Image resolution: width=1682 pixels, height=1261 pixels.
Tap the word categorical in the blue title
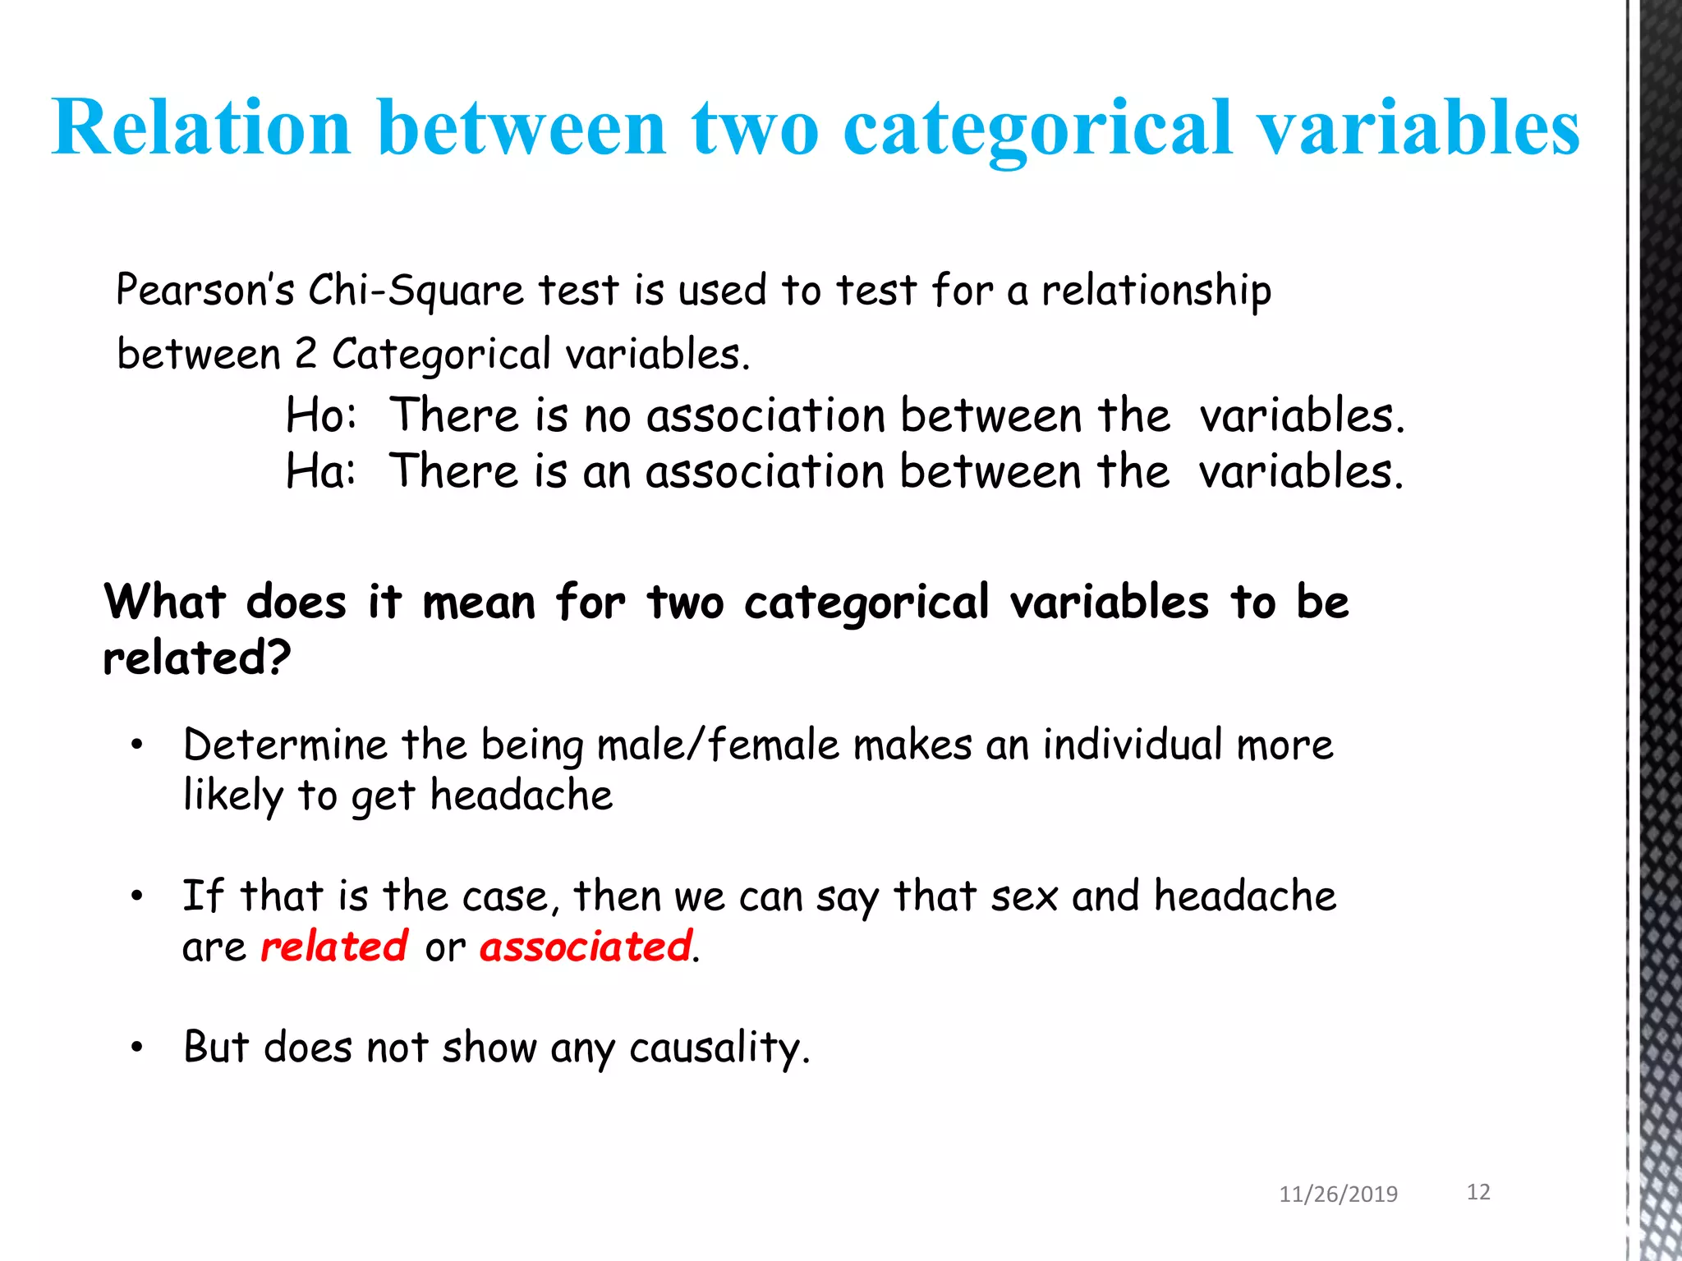[1038, 130]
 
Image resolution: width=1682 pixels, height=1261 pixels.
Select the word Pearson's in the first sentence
[205, 290]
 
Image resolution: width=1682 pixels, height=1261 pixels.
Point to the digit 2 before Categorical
[305, 354]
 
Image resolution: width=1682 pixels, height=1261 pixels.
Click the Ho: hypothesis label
[321, 415]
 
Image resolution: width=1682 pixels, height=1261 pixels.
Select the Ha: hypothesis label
[321, 471]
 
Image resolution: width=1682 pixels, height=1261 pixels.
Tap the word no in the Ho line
[607, 415]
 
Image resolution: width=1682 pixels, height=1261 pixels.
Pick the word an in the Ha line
[606, 472]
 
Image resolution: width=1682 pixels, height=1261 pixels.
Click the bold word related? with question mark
[197, 658]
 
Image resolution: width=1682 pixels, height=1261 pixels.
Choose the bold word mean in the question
[479, 602]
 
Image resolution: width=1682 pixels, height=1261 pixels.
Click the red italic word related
[333, 947]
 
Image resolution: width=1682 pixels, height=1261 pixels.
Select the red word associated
[586, 947]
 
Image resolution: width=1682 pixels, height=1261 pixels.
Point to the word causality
[719, 1048]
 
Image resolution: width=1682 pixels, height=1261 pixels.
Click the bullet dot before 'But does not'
[137, 1048]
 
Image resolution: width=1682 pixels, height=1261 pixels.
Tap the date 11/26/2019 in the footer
[1338, 1194]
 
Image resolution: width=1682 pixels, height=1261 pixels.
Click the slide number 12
[1478, 1192]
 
